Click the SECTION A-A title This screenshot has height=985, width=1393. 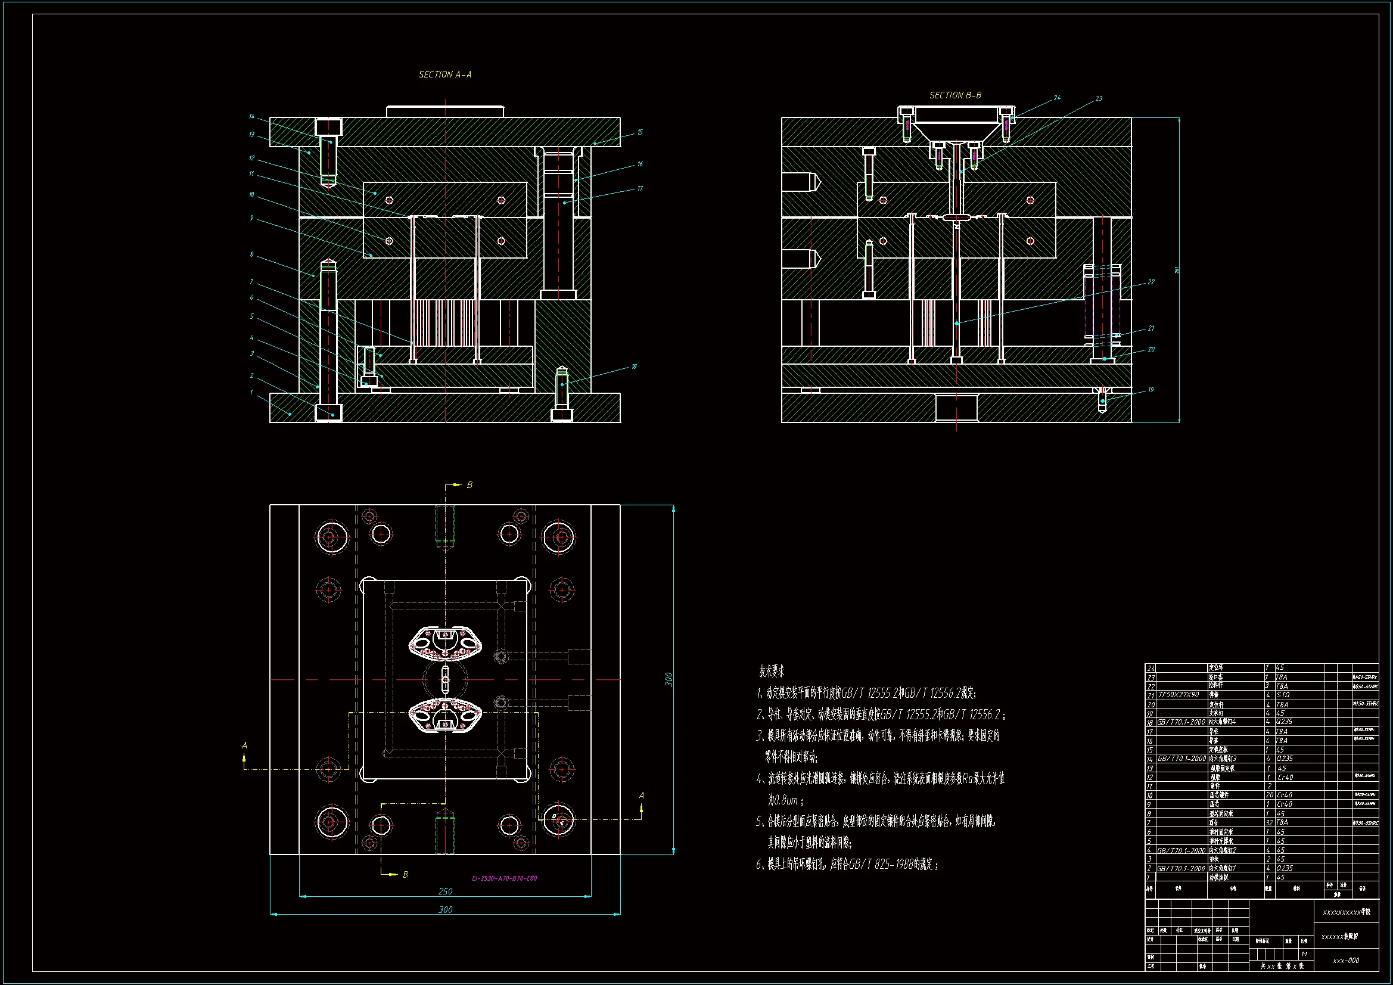click(x=444, y=74)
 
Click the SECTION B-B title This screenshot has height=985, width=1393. click(x=955, y=95)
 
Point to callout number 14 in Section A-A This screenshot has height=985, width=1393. click(x=252, y=117)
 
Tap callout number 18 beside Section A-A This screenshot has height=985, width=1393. click(x=634, y=366)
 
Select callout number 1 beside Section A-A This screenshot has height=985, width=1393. click(x=251, y=392)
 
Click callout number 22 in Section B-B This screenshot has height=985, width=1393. click(x=1151, y=282)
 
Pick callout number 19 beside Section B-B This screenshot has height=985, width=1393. click(x=1151, y=390)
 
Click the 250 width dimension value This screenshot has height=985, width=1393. click(x=445, y=891)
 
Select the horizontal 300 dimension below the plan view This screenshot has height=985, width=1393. click(x=445, y=909)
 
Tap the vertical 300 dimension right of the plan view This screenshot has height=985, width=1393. click(x=669, y=679)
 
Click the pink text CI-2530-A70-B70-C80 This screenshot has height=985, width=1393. click(x=504, y=878)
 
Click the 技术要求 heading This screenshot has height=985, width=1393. click(x=772, y=671)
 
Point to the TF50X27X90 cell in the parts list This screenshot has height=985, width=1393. click(x=1179, y=695)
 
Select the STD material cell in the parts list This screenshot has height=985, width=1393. click(x=1283, y=695)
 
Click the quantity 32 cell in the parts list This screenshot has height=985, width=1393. click(x=1268, y=822)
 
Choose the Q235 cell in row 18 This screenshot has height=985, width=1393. click(x=1285, y=722)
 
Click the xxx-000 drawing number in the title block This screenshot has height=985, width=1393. click(x=1346, y=961)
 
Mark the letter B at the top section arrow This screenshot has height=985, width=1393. click(x=469, y=485)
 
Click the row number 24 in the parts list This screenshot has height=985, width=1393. click(x=1151, y=668)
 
